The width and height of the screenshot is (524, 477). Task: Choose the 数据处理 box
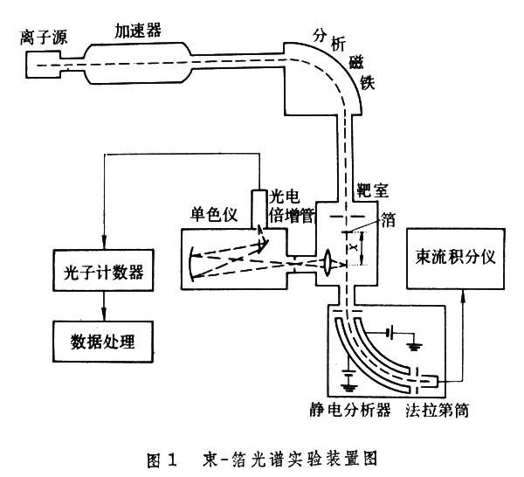(x=100, y=336)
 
